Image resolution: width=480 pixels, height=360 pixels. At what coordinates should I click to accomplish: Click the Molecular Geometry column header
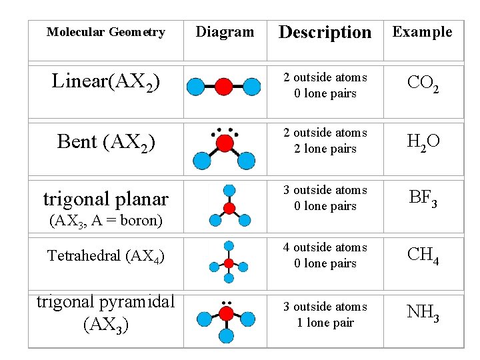(105, 32)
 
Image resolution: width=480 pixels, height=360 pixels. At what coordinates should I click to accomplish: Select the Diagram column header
(225, 32)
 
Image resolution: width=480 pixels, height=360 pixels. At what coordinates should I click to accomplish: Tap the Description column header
(325, 32)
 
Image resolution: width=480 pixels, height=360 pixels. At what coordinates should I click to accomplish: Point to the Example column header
(422, 32)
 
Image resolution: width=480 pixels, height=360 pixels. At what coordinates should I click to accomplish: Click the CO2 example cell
(423, 83)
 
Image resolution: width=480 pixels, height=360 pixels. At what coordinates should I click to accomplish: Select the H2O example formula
(423, 141)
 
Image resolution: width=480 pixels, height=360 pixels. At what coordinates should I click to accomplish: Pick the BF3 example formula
(423, 197)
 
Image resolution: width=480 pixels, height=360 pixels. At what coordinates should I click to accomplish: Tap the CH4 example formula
(423, 255)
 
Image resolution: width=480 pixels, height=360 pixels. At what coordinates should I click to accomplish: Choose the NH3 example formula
(423, 311)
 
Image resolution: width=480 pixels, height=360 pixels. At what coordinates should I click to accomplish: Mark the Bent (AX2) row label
(106, 142)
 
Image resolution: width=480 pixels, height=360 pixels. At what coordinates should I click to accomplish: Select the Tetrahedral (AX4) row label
(106, 255)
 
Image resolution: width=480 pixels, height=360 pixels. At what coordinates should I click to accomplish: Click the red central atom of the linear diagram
(224, 86)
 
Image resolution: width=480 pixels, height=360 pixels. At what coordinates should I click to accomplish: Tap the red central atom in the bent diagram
(225, 143)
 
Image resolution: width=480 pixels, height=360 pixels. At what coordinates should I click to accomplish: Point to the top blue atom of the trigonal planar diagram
(229, 190)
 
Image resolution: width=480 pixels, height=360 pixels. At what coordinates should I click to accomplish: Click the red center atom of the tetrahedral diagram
(229, 263)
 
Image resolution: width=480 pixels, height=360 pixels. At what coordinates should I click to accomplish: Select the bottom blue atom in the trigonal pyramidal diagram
(227, 336)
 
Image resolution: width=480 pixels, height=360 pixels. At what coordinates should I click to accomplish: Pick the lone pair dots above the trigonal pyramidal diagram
(227, 302)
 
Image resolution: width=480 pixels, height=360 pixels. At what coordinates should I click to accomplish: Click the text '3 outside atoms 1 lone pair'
(325, 315)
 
